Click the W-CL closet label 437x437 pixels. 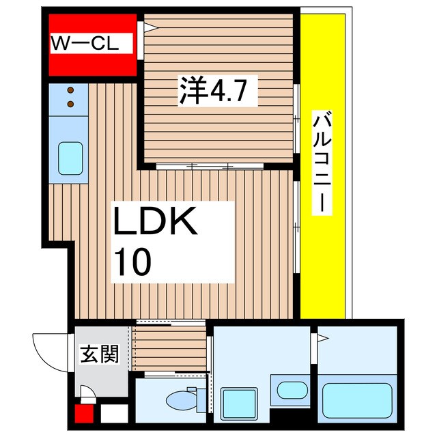pyautogui.click(x=85, y=44)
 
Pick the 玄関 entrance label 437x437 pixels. pyautogui.click(x=100, y=354)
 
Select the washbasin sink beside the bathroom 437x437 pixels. pyautogui.click(x=292, y=391)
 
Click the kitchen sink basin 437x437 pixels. pyautogui.click(x=70, y=158)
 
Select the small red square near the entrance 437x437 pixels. pyautogui.click(x=83, y=414)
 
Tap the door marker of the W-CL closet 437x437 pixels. pyautogui.click(x=147, y=28)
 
